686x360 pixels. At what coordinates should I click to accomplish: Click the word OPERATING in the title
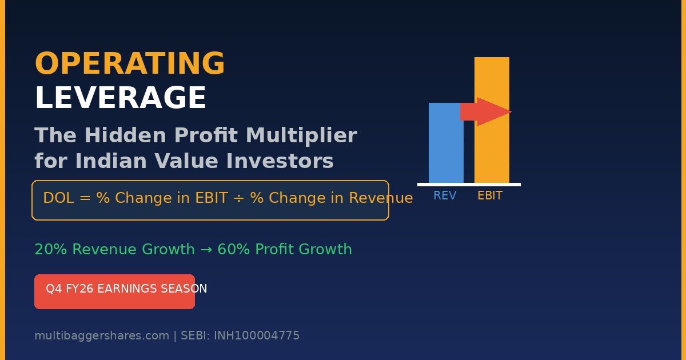coord(130,63)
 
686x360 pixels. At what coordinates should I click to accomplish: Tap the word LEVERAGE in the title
coord(121,97)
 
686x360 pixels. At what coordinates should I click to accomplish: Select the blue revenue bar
coord(446,143)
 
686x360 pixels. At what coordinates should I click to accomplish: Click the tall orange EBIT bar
coord(492,120)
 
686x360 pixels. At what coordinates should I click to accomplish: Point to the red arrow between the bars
coord(486,112)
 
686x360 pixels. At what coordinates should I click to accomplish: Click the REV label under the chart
coord(445,195)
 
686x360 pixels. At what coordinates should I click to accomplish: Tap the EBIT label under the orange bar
coord(490,195)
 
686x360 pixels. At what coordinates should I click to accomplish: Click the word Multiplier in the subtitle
coord(302,135)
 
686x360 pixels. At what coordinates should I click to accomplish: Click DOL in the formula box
coord(58,198)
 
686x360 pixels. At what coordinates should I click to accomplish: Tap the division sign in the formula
coord(238,198)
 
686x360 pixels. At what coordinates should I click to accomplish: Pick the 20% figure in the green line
coord(51,249)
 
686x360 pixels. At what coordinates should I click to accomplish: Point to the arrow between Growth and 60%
coord(206,250)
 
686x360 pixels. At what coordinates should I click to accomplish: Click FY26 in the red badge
coord(79,289)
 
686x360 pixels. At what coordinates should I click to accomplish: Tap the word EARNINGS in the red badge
coord(127,289)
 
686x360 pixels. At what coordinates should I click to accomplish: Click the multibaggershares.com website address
coord(102,336)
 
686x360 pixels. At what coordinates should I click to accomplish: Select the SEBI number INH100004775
coord(257,335)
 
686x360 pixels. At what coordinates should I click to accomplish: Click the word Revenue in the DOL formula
coord(381,198)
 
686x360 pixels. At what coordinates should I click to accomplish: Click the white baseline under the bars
coord(469,185)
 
